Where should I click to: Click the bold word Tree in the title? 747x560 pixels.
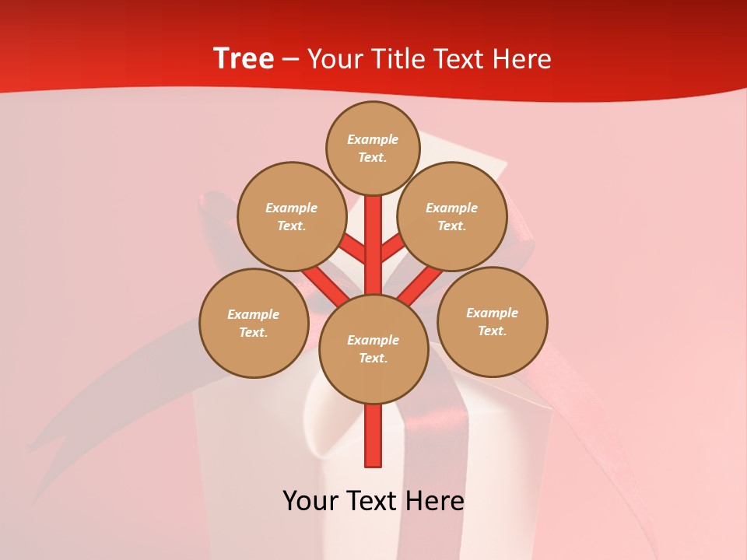pos(244,59)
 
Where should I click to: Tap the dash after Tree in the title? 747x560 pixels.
pos(291,60)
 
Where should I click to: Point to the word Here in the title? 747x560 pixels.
pos(524,59)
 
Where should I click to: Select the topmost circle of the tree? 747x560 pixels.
pos(373,148)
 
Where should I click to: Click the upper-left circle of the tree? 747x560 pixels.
pos(291,216)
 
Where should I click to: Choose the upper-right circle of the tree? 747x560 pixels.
pos(451,216)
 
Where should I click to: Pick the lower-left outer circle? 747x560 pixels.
pos(254,323)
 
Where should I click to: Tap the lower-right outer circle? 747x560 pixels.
pos(492,321)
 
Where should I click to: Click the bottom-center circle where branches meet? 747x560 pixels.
pos(373,348)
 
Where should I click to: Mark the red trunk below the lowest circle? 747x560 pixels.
pos(373,436)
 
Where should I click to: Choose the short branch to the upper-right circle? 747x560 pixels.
pos(392,248)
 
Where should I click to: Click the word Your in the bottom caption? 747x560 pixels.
pos(310,501)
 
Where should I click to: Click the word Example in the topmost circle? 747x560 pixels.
pos(373,139)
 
